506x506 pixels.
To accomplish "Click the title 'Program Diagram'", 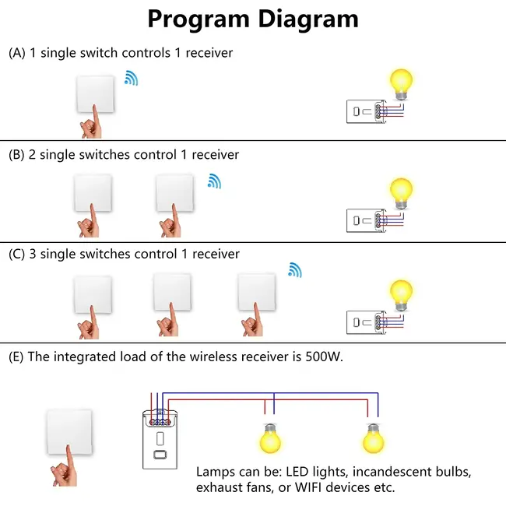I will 253,19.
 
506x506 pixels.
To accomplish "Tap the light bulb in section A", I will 402,85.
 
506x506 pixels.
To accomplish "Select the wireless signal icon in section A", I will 131,78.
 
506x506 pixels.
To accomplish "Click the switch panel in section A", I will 95,93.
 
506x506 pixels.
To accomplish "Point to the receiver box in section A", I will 361,112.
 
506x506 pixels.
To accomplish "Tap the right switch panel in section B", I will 174,193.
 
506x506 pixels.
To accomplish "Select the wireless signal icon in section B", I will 213,181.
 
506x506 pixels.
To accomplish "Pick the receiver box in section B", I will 361,220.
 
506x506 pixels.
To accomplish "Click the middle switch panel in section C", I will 173,293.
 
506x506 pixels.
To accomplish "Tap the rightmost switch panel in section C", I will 256,293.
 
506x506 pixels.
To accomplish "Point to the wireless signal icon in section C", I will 294,270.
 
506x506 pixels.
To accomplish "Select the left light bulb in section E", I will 269,438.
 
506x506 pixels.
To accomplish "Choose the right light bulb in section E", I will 374,438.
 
